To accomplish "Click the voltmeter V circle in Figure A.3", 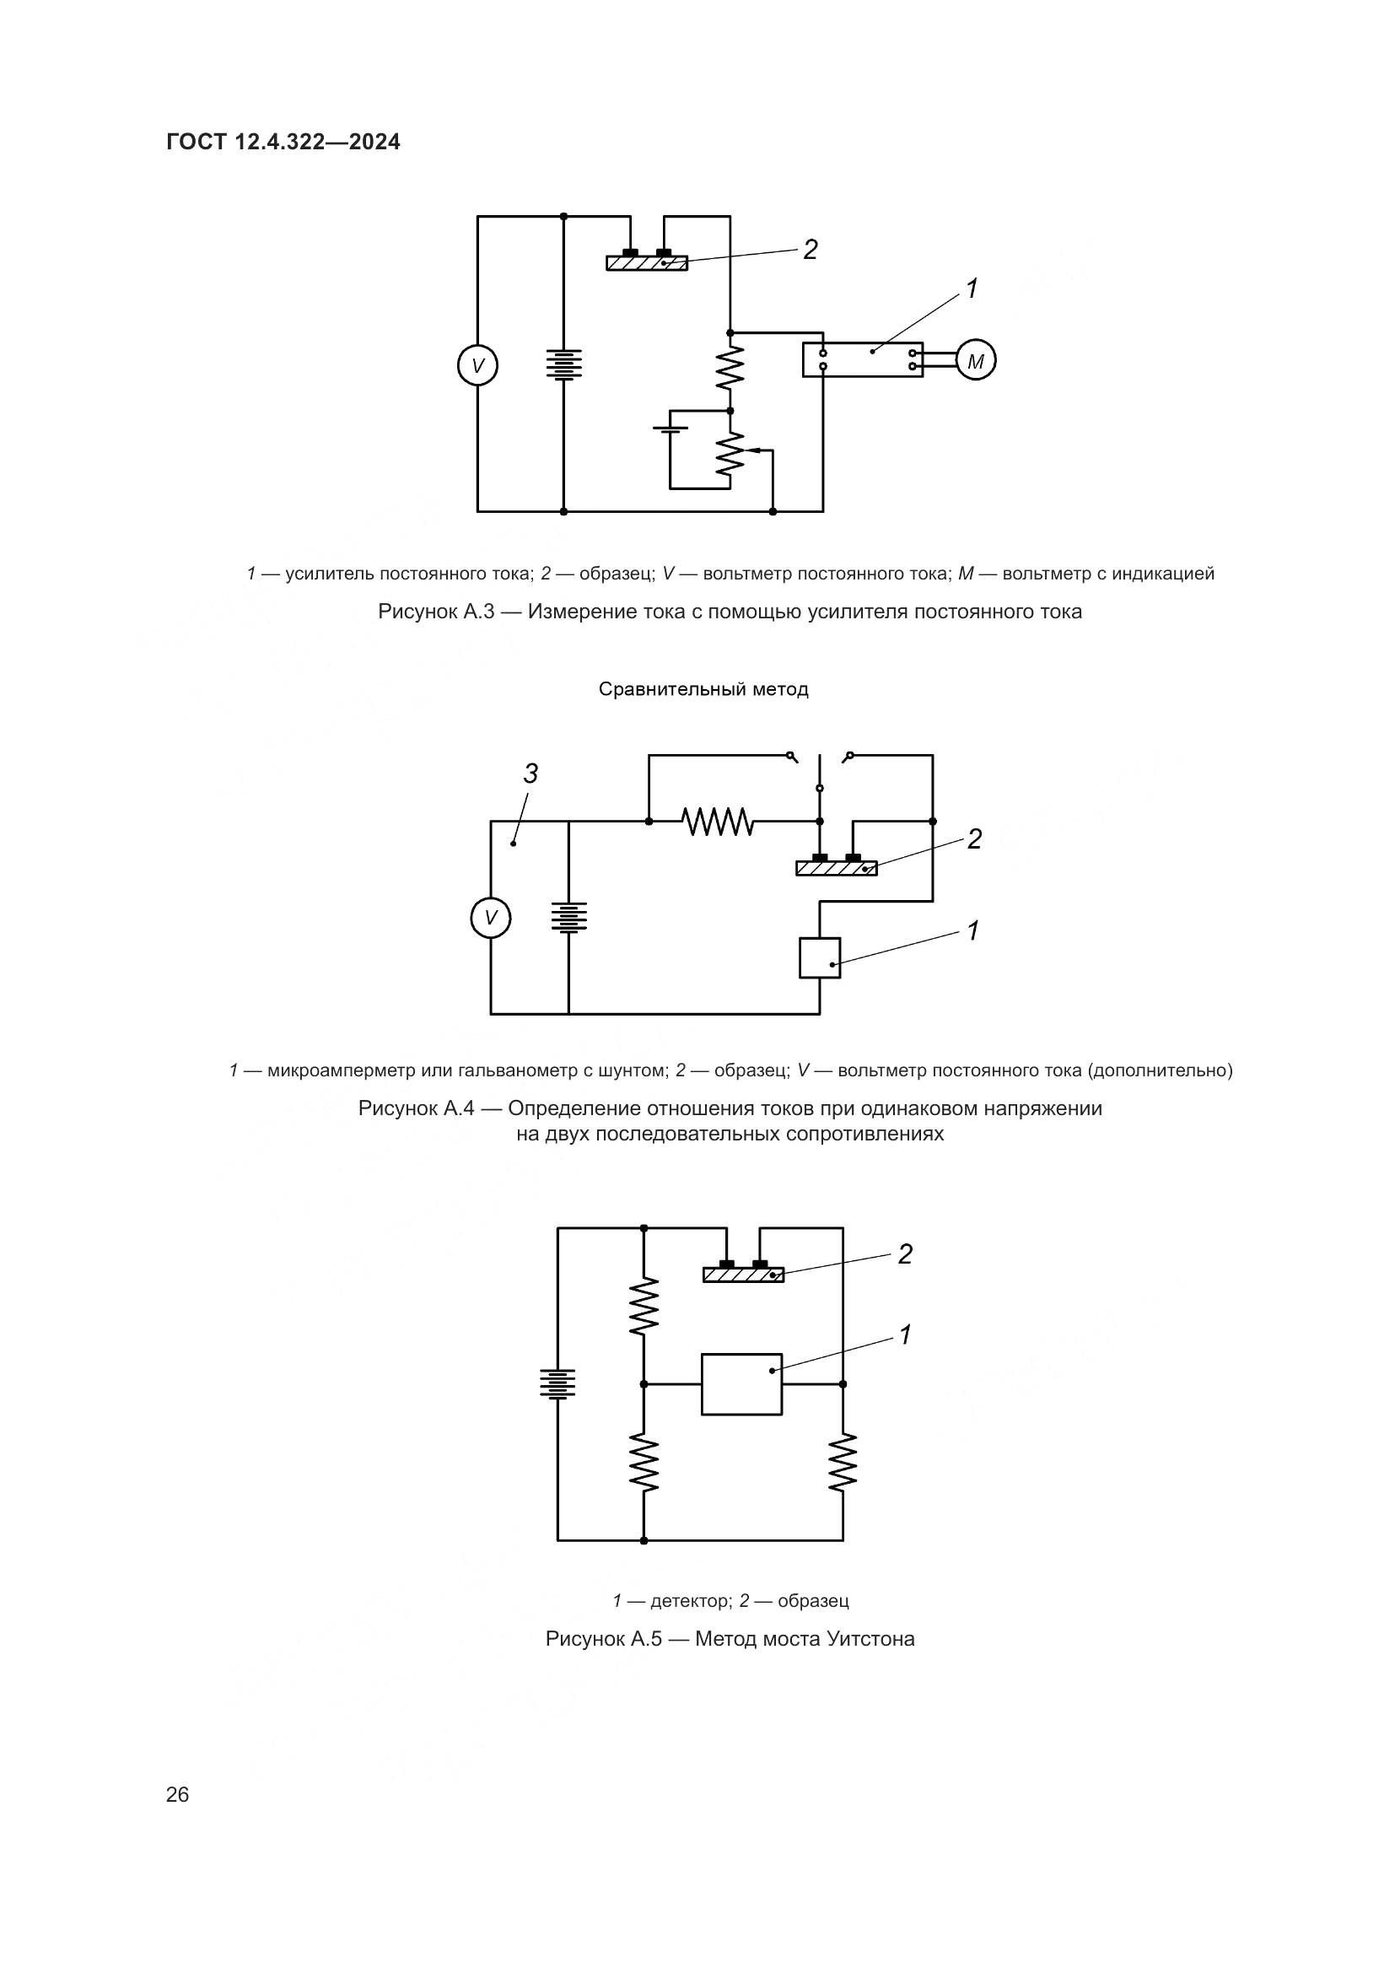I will [477, 365].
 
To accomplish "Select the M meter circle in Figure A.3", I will [975, 361].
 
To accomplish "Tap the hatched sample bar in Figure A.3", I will [647, 263].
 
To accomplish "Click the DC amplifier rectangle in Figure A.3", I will [863, 359].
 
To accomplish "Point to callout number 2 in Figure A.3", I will [810, 249].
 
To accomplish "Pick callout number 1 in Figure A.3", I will [972, 289].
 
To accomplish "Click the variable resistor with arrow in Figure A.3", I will [730, 454].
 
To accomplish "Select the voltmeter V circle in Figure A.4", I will [491, 918].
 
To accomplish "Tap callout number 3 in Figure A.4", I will [531, 774].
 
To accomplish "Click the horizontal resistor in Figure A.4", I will [718, 822].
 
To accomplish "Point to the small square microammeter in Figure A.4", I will [820, 957].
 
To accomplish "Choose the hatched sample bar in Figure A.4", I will [836, 868].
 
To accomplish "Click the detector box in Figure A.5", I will [741, 1383].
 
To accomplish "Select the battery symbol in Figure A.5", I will [557, 1383].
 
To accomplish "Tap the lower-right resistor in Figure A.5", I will [843, 1462].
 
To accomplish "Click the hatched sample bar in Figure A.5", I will [743, 1275].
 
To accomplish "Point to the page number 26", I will [177, 1794].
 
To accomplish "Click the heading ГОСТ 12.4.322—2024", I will [283, 142].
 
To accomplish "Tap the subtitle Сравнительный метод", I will [703, 689].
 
